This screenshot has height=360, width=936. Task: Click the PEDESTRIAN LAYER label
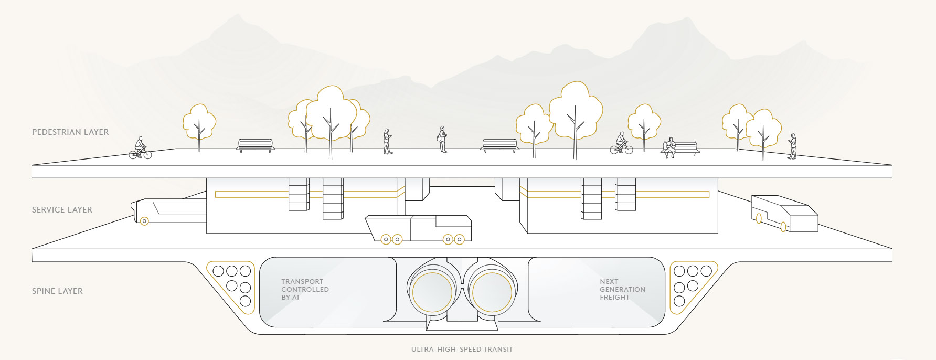pyautogui.click(x=70, y=132)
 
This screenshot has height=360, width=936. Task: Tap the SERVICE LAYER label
pyautogui.click(x=62, y=210)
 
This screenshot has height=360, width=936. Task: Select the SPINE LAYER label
pyautogui.click(x=57, y=291)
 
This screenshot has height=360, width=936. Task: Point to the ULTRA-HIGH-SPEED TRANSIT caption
pyautogui.click(x=462, y=350)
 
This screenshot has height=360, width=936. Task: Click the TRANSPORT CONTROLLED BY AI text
pyautogui.click(x=305, y=290)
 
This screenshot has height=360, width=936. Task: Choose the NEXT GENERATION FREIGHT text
pyautogui.click(x=622, y=290)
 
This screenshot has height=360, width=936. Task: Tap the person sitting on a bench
pyautogui.click(x=670, y=147)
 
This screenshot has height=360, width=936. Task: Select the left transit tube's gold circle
pyautogui.click(x=432, y=293)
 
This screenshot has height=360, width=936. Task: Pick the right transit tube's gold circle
pyautogui.click(x=492, y=293)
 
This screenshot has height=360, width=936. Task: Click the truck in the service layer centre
pyautogui.click(x=418, y=229)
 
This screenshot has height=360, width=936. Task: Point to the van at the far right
pyautogui.click(x=784, y=214)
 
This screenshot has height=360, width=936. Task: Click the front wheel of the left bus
pyautogui.click(x=144, y=221)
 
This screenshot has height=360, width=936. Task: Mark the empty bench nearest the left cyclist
pyautogui.click(x=256, y=145)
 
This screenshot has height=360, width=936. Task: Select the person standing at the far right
pyautogui.click(x=792, y=146)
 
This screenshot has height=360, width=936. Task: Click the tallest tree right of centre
pyautogui.click(x=576, y=113)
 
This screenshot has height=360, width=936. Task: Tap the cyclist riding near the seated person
pyautogui.click(x=621, y=143)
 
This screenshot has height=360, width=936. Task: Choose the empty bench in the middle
pyautogui.click(x=499, y=145)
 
